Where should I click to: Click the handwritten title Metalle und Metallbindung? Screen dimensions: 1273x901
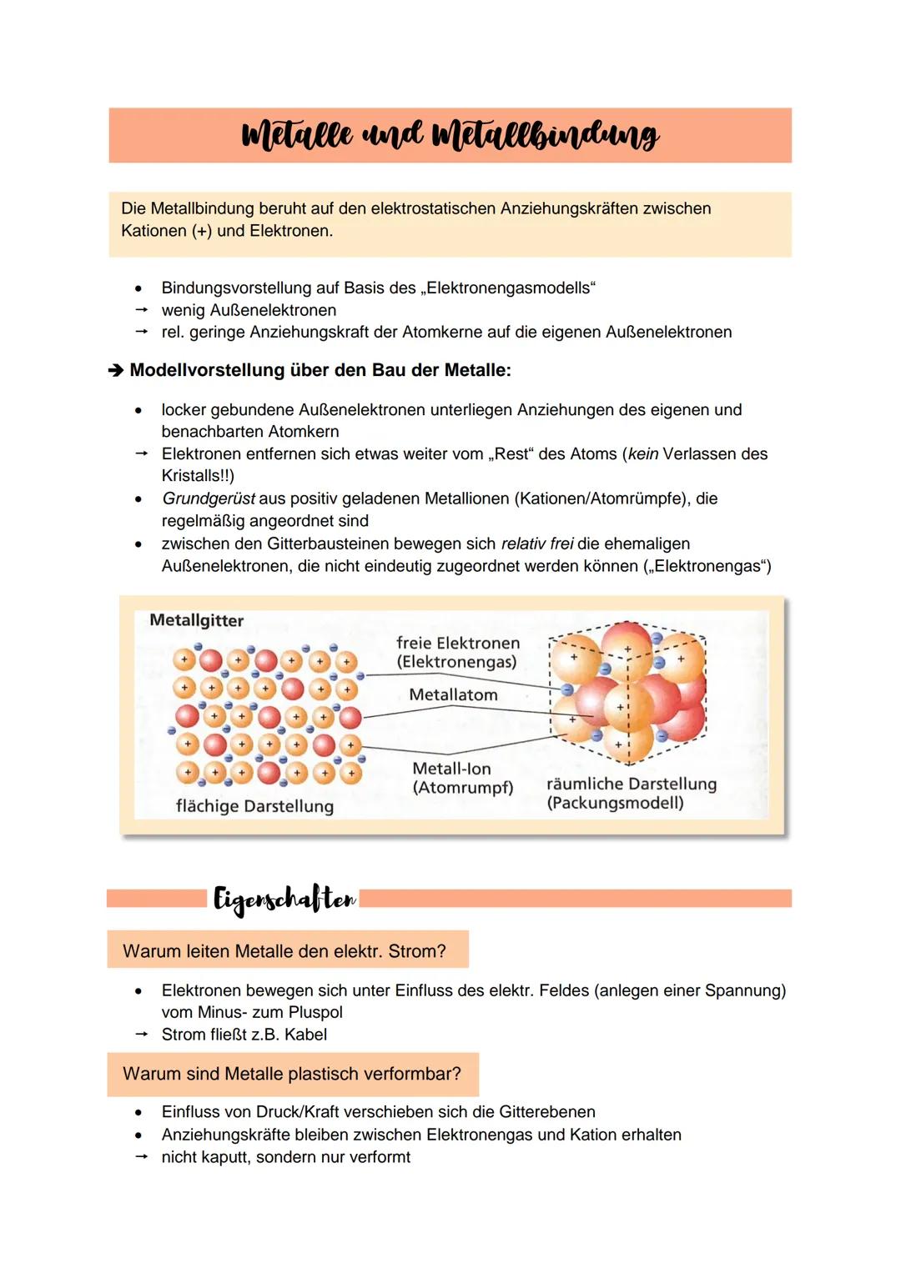tap(450, 135)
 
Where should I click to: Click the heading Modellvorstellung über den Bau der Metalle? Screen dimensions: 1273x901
tap(320, 370)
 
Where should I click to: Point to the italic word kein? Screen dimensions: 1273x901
tap(642, 454)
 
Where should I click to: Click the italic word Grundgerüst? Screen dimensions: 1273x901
tap(208, 499)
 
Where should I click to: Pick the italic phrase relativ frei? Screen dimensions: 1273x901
tap(536, 544)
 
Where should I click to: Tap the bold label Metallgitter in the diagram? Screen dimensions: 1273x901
tap(196, 620)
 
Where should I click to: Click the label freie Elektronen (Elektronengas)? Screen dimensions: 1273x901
tap(457, 653)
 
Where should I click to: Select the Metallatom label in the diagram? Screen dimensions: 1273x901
tap(453, 694)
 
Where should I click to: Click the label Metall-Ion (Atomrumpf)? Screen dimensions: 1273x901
tap(462, 778)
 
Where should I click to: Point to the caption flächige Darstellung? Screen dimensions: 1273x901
tap(254, 806)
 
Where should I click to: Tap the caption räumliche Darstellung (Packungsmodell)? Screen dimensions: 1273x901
tap(631, 793)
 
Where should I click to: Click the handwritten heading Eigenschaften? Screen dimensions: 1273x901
tap(284, 899)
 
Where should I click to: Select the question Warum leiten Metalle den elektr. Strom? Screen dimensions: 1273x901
tap(284, 951)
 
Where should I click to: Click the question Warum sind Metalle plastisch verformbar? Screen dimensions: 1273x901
tap(291, 1074)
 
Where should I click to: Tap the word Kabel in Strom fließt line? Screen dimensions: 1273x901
tap(305, 1035)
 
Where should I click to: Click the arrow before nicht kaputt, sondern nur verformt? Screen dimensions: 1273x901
tap(141, 1157)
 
